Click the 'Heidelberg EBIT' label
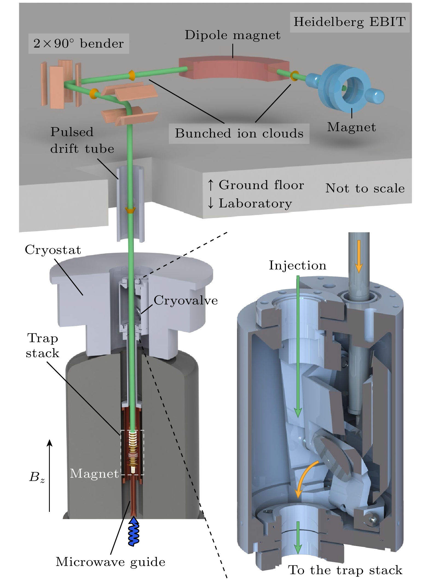point(349,22)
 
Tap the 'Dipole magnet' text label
point(233,35)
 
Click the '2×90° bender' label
point(79,44)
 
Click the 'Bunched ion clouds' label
point(239,134)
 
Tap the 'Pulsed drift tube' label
point(82,140)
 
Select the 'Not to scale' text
point(365,189)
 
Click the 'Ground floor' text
point(261,185)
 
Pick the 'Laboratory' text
point(255,204)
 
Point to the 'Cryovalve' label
point(186,301)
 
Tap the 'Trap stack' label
point(42,346)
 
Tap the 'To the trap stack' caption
point(345,570)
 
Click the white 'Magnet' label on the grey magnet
point(94,474)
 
